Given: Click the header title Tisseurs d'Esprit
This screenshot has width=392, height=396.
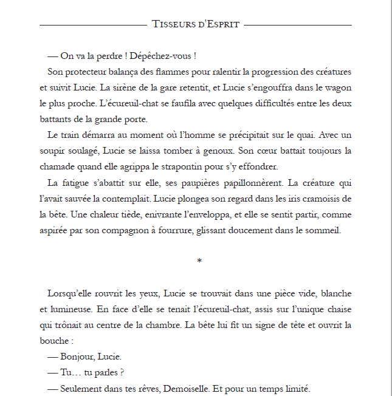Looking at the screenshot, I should pyautogui.click(x=196, y=24).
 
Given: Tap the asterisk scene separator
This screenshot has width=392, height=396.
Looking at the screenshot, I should pyautogui.click(x=199, y=261).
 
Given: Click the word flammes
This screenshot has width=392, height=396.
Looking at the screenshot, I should pyautogui.click(x=159, y=72).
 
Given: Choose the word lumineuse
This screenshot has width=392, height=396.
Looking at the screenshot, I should pyautogui.click(x=67, y=309).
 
